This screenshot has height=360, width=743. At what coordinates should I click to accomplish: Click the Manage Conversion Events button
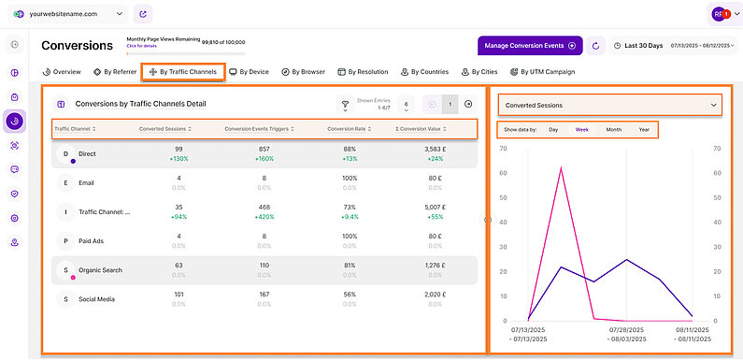[530, 45]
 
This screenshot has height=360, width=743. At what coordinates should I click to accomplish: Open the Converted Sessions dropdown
[609, 106]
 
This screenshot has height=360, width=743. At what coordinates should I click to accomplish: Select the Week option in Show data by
[581, 130]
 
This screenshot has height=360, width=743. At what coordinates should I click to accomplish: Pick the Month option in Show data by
[614, 130]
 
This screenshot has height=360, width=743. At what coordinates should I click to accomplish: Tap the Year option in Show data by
[644, 130]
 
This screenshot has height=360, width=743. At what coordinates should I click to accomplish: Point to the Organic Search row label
[100, 270]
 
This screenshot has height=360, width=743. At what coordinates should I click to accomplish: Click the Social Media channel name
[98, 299]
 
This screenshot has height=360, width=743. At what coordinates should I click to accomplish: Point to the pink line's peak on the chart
[561, 167]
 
